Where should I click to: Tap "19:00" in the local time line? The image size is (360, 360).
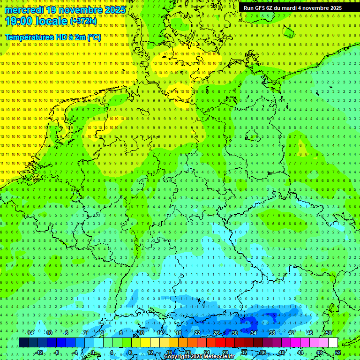click(19, 21)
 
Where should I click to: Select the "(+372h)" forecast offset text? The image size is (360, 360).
click(83, 21)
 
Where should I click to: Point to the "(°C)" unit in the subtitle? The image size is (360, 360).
click(94, 37)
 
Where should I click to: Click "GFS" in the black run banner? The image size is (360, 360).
click(262, 8)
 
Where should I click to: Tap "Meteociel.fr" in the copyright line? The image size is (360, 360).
click(217, 357)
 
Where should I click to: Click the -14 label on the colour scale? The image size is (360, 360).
click(30, 332)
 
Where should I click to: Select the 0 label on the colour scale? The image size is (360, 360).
click(92, 352)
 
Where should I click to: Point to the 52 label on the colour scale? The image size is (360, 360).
click(338, 352)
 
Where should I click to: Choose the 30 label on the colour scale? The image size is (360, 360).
click(234, 332)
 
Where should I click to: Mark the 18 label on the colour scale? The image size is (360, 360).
click(178, 332)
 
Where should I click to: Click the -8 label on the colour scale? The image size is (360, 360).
click(56, 352)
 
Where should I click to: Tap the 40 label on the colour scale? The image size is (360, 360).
click(281, 352)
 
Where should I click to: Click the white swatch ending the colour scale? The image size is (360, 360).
click(333, 342)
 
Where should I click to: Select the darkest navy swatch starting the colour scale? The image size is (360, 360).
click(23, 342)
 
